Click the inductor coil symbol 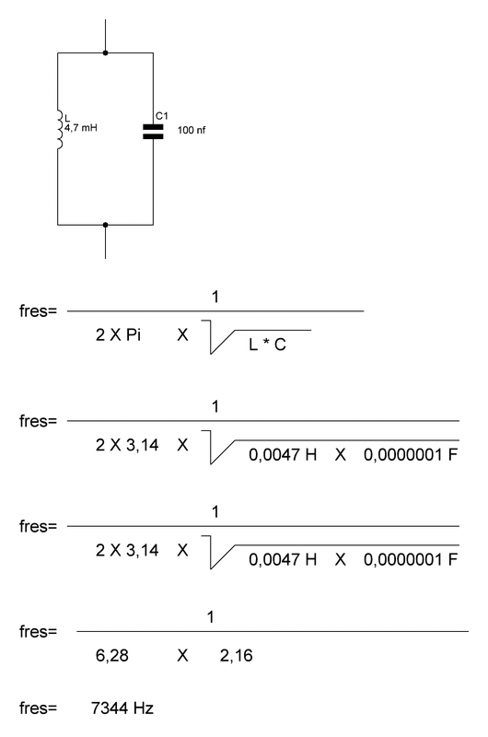60,130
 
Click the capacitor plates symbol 153,132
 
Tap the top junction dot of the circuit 105,53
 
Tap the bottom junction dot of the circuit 105,225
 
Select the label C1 161,116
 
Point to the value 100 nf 192,130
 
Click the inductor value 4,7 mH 81,127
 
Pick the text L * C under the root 267,345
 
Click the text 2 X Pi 118,334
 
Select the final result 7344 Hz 122,708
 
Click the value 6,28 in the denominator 111,655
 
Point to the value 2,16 237,655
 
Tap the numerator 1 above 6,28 211,616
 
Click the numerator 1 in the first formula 215,297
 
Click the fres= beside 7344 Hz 38,708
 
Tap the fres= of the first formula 38,310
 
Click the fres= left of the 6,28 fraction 38,631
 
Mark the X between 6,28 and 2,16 182,655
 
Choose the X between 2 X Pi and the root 182,334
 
